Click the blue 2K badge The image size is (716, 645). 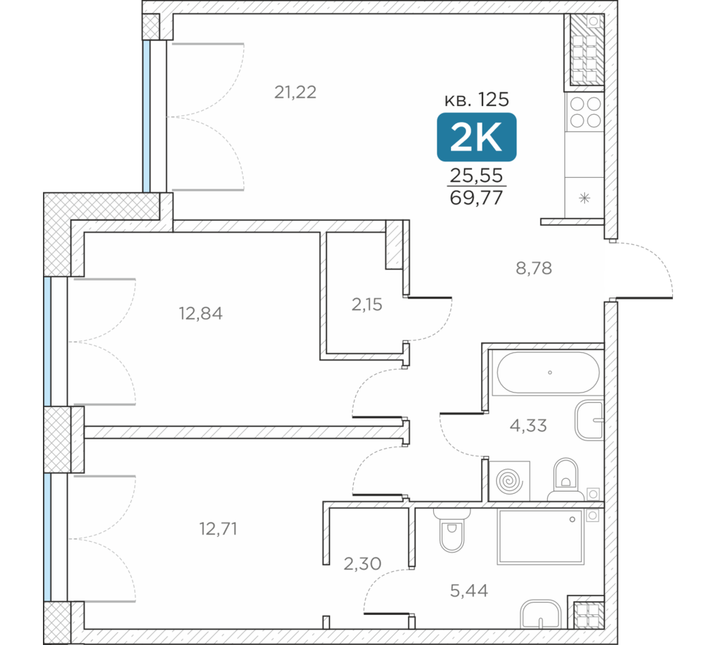(x=477, y=137)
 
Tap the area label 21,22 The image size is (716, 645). (x=295, y=92)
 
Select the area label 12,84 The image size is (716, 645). (x=200, y=314)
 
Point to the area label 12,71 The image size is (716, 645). (x=218, y=529)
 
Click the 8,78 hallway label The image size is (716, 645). (x=534, y=268)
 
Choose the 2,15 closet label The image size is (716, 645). (x=367, y=305)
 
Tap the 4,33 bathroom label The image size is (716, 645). (x=528, y=426)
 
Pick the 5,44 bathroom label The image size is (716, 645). (x=469, y=591)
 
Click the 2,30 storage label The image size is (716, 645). (x=362, y=563)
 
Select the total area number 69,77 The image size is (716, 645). (x=476, y=198)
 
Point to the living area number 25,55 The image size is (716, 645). (x=476, y=175)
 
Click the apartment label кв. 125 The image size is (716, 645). (x=476, y=99)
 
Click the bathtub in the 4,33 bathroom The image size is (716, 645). (x=548, y=373)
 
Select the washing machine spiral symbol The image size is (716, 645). (x=509, y=482)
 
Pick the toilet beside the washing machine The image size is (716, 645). (x=566, y=479)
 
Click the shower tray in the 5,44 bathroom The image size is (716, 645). (x=541, y=537)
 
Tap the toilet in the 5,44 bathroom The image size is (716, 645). (x=452, y=530)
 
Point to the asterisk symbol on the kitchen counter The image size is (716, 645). (x=584, y=198)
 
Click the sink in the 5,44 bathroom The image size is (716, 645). (x=541, y=614)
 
